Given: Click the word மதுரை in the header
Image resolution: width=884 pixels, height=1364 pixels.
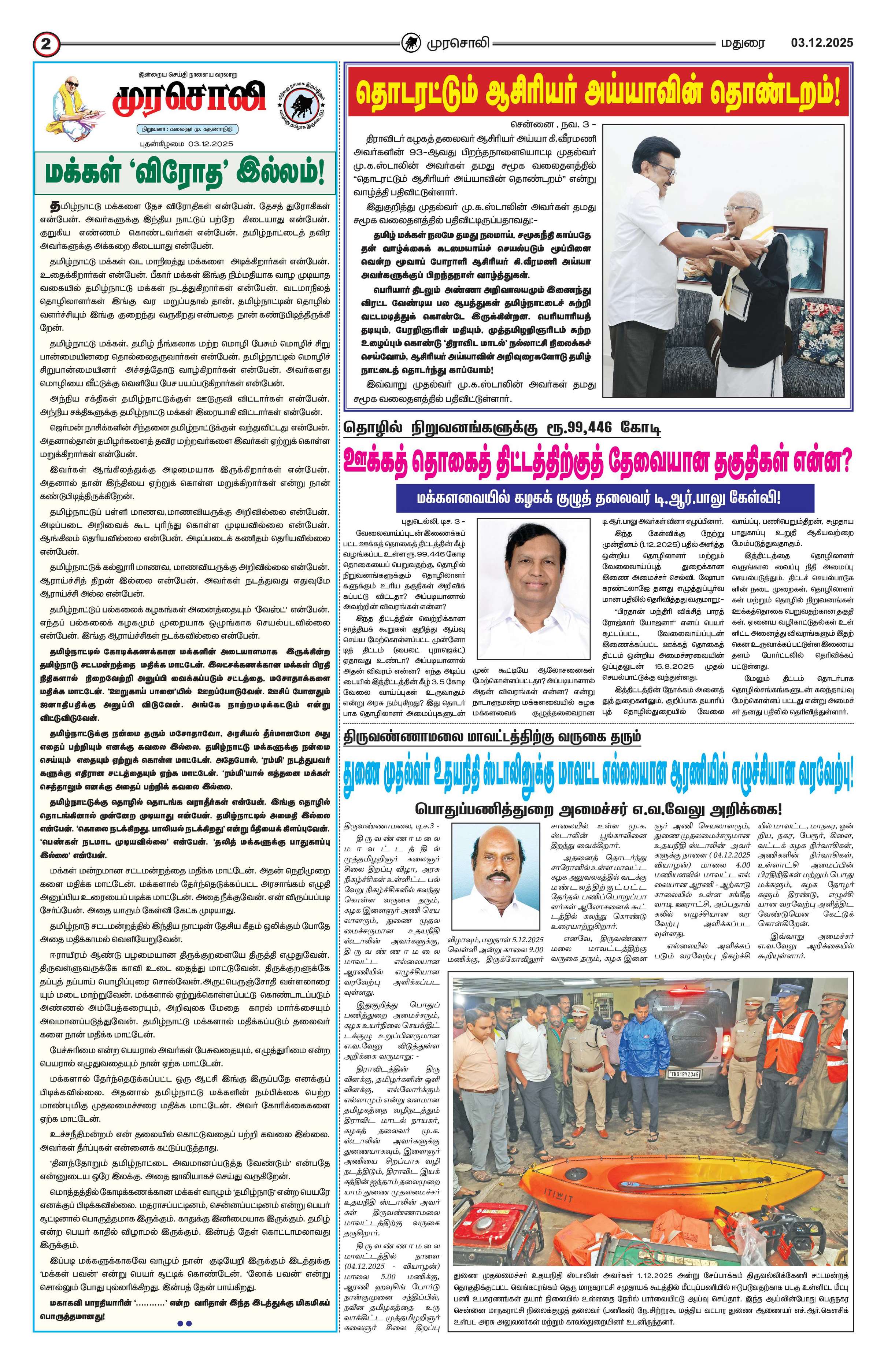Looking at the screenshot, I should pos(743,42).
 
